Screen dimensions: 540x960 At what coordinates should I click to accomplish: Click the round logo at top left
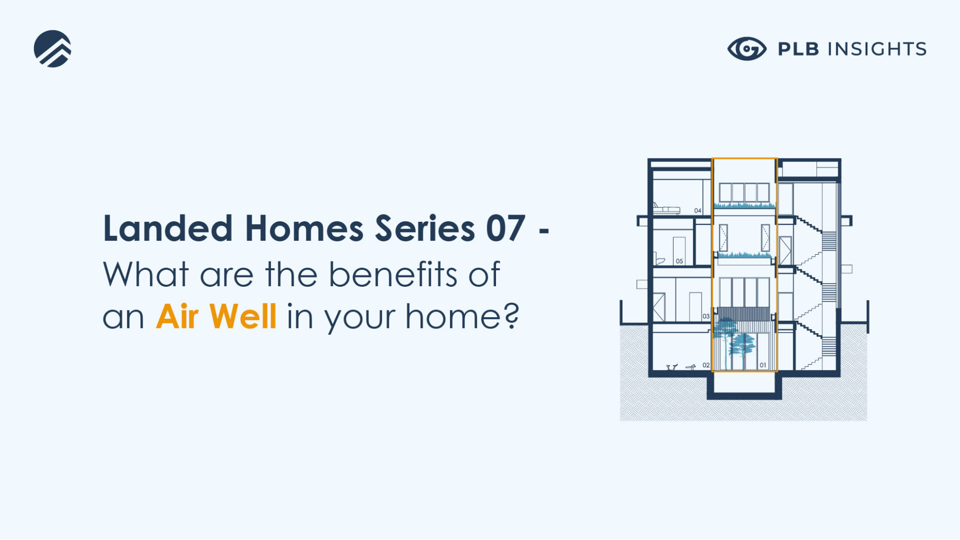point(53,49)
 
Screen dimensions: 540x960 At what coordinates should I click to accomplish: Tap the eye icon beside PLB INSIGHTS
point(747,49)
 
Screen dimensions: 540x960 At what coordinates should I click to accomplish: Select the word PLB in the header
point(798,49)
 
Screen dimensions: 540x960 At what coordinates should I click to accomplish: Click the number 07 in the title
point(505,228)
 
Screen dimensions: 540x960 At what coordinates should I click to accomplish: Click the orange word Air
point(177,316)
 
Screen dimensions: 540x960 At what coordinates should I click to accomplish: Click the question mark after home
point(511,315)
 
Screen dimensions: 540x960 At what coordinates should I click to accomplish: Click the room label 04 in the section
point(698,210)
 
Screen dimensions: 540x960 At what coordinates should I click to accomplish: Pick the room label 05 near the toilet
point(679,261)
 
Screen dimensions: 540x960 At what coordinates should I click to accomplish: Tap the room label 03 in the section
point(706,316)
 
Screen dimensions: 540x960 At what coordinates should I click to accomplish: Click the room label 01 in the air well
point(763,365)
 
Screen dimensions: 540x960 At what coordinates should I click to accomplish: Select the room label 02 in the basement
point(706,365)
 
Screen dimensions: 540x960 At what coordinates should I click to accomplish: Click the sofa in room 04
point(666,209)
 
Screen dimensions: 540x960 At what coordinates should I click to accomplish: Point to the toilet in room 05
point(659,260)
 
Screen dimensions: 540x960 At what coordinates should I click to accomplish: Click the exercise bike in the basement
point(671,367)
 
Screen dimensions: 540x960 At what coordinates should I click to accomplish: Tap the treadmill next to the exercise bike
point(690,367)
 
